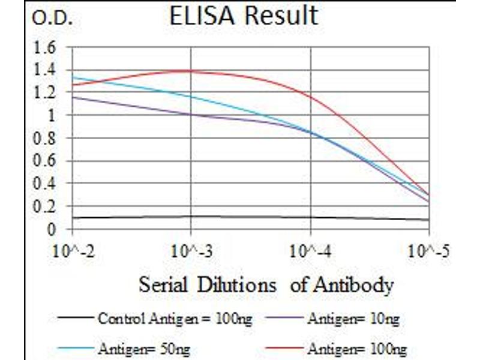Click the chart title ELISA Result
243,16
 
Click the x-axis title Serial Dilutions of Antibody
266,285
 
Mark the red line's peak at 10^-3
191,71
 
